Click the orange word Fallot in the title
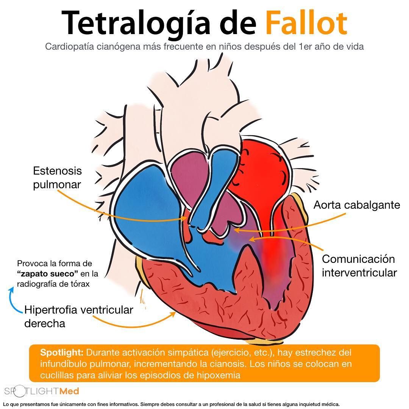[x=307, y=23]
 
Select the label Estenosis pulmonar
[x=58, y=178]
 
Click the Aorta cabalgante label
[x=357, y=205]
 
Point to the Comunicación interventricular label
[x=359, y=266]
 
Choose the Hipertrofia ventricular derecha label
[x=78, y=317]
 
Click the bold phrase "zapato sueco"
[x=47, y=274]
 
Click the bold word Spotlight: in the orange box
[x=62, y=353]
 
